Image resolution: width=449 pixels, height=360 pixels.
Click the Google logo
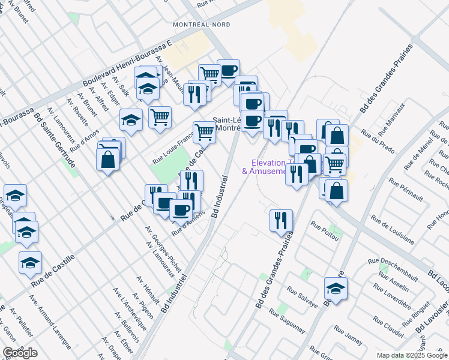pos(20,353)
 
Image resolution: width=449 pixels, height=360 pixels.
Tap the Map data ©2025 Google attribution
pos(412,355)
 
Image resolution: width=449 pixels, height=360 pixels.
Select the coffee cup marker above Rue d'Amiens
pos(181,211)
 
